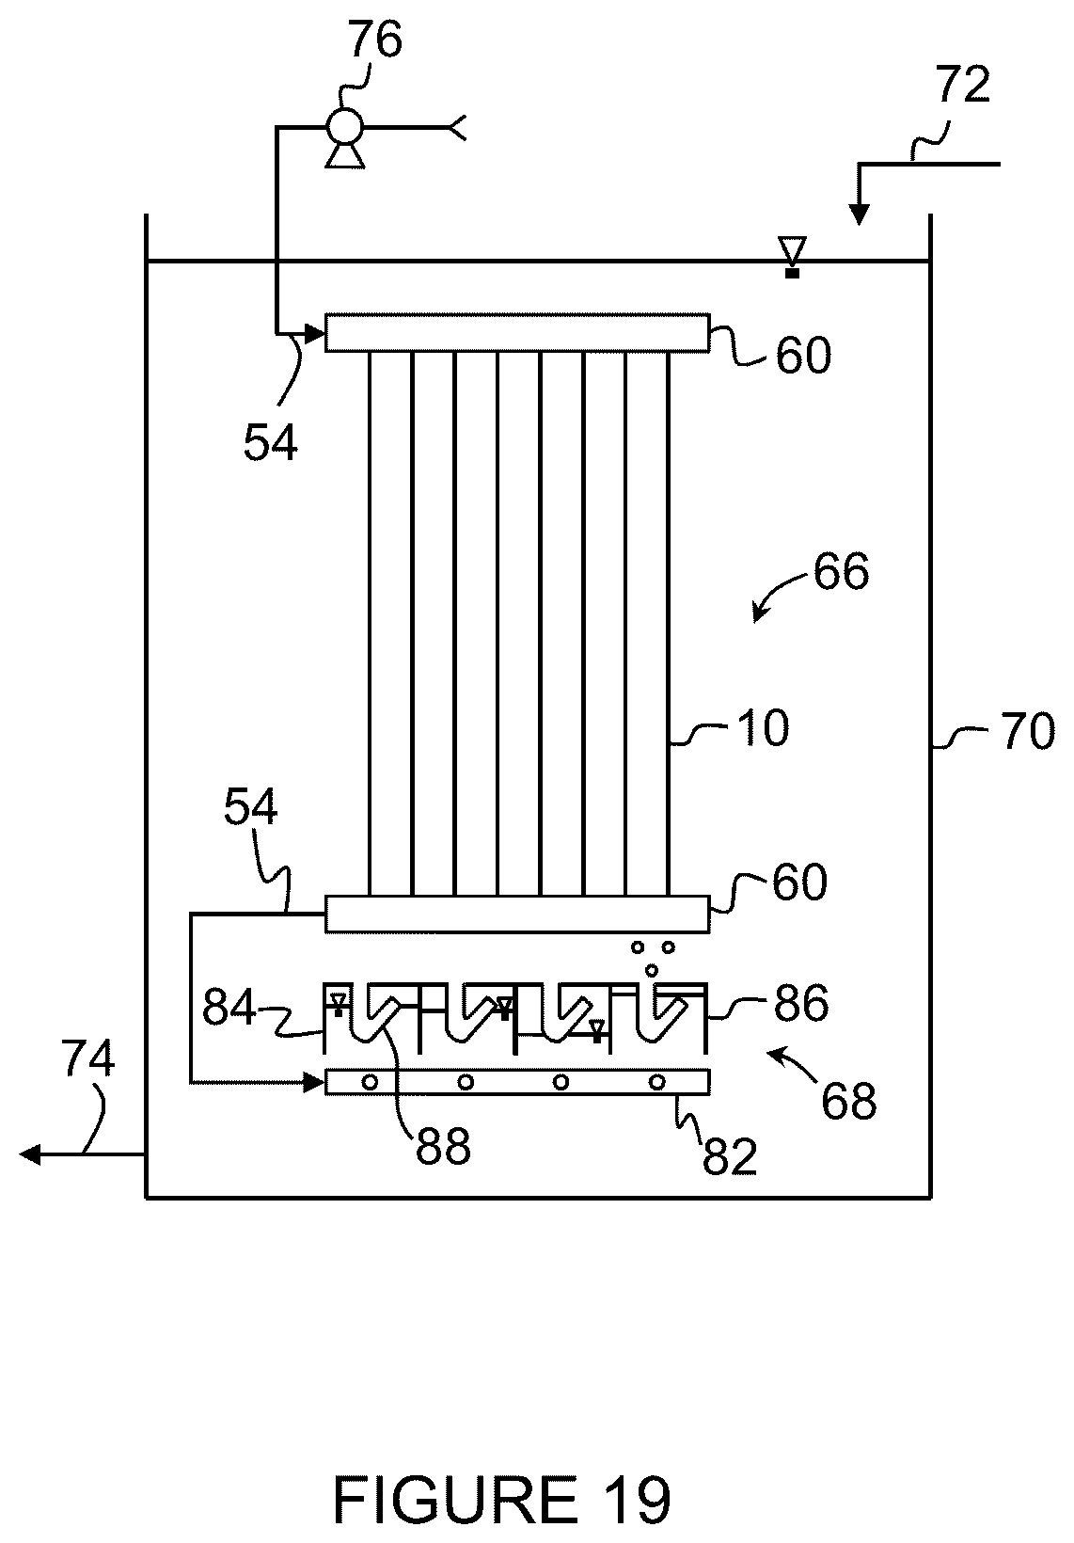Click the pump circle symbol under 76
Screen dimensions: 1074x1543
pos(344,126)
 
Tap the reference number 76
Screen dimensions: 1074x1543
pos(374,40)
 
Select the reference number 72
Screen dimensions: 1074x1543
pos(962,86)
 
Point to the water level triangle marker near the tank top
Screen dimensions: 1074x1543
pos(793,249)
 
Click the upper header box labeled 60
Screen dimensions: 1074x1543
pos(517,333)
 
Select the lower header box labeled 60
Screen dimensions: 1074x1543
pos(517,915)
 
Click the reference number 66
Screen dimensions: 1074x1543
pos(841,572)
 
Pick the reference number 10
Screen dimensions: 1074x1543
pos(762,728)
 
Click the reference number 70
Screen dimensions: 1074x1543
pos(1028,731)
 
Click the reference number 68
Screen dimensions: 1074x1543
pos(849,1102)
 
